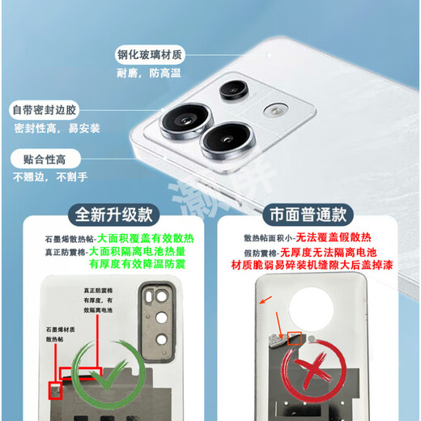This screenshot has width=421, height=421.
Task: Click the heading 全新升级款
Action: click(x=113, y=215)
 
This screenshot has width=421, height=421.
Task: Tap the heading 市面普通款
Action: click(x=308, y=215)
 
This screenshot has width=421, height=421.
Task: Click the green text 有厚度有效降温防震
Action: click(x=138, y=264)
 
